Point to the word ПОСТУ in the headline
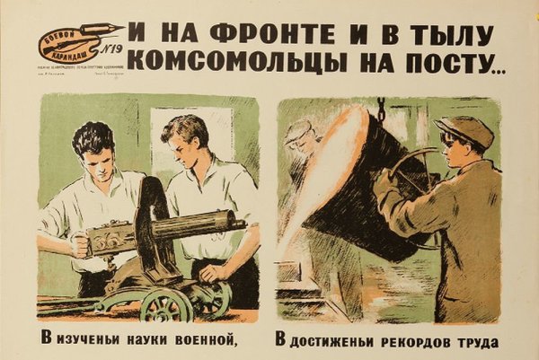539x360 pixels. coord(429,61)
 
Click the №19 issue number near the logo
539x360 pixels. coord(109,50)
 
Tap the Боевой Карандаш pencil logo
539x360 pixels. coord(68,41)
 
